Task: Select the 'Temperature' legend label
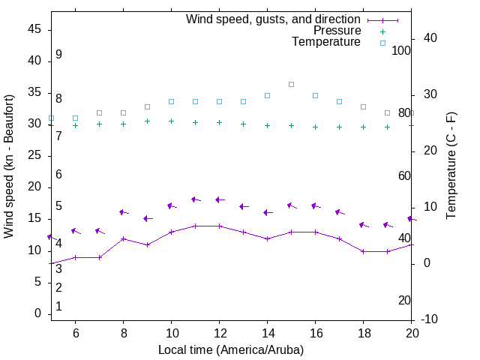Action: point(326,42)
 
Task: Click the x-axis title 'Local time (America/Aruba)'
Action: point(231,349)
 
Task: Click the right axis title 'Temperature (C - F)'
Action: point(451,166)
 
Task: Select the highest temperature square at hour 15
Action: point(291,84)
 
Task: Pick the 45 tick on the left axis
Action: point(34,29)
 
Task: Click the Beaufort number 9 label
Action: point(58,55)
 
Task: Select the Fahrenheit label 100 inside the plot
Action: point(401,50)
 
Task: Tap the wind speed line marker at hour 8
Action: point(123,238)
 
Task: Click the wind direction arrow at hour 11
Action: point(196,199)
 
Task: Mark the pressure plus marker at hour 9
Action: point(147,121)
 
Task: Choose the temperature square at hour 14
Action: point(267,95)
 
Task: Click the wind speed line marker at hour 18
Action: point(363,251)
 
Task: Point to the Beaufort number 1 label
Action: point(58,307)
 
